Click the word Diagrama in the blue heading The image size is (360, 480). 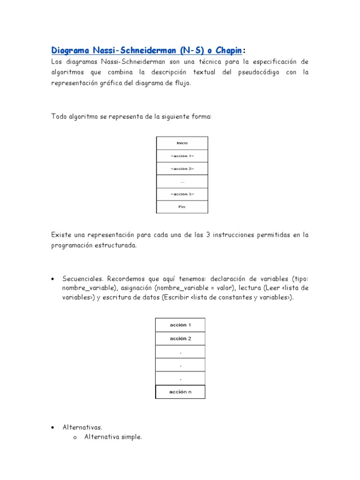coord(69,50)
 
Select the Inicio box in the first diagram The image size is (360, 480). coord(182,143)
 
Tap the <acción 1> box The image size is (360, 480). coord(182,156)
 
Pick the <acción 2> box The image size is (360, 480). coord(182,168)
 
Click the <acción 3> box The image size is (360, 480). coord(182,194)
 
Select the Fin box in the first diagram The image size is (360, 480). coord(182,206)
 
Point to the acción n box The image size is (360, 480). coord(180,392)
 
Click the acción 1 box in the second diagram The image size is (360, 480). coord(180,325)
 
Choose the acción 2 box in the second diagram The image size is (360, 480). coord(180,338)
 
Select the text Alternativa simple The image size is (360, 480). coord(113,437)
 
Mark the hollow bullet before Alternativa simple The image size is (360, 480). coord(75,438)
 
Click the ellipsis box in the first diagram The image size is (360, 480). coord(182,181)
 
